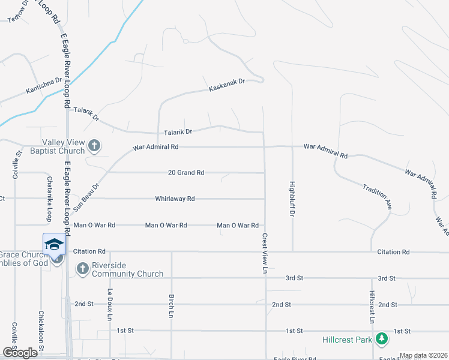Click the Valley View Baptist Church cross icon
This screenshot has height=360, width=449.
click(94, 146)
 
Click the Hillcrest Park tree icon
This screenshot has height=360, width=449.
click(381, 340)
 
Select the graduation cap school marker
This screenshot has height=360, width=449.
click(53, 244)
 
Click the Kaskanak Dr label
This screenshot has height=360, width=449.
click(227, 85)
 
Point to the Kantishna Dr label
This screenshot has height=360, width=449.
click(44, 86)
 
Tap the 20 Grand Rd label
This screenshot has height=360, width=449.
click(186, 173)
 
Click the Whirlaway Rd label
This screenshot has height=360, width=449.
click(175, 199)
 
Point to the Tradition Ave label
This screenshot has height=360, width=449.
click(377, 196)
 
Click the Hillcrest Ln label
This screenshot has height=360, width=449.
click(372, 307)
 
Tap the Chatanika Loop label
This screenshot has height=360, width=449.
click(49, 198)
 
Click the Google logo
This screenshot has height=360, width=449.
click(19, 353)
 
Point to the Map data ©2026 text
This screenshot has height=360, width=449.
click(423, 355)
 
